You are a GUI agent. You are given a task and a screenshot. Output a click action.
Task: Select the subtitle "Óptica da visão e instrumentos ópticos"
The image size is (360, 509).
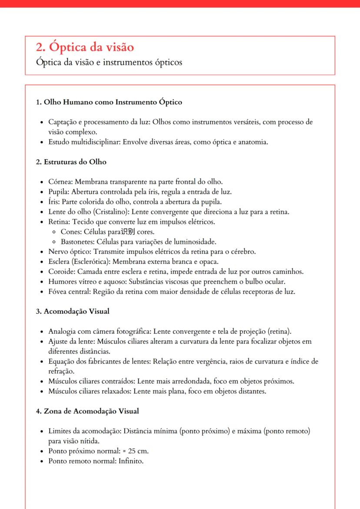pos(109,62)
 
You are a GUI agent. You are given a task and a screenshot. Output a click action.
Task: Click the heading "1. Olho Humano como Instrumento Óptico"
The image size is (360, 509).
pos(109,103)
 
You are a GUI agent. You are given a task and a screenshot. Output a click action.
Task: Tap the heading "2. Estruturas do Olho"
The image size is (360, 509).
pos(71,162)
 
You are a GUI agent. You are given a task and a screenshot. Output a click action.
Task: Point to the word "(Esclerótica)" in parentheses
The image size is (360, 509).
pos(92,262)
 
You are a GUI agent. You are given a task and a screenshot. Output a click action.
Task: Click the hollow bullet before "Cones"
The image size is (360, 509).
pos(54,232)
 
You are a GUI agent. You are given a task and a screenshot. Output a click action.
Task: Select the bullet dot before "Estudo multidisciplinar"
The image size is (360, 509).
pos(41,142)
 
